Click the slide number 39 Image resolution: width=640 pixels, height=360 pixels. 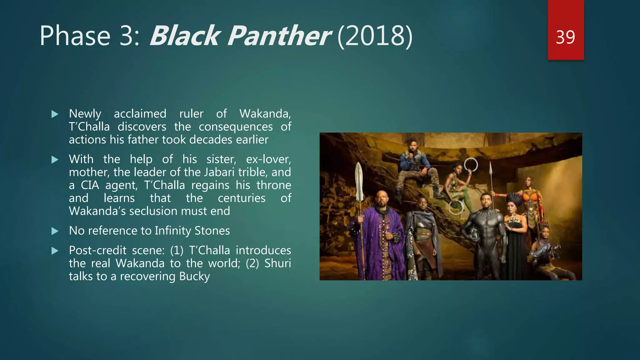(x=565, y=37)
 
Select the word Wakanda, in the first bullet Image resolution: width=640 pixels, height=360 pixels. (x=265, y=114)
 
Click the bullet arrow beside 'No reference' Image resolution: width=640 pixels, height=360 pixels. (x=55, y=231)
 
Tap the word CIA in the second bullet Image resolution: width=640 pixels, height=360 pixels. (x=90, y=185)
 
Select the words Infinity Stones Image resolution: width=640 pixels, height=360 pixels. (x=192, y=231)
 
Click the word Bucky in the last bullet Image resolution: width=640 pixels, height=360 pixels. (x=194, y=277)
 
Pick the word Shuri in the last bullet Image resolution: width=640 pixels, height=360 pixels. (x=277, y=263)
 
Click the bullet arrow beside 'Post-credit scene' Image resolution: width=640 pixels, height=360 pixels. (x=55, y=251)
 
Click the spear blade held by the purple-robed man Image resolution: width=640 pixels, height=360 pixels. (x=359, y=181)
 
